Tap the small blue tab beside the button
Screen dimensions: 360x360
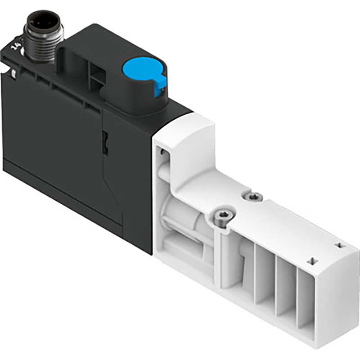point(158,87)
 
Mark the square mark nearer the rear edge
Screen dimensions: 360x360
point(339,245)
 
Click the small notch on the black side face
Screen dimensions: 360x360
point(106,137)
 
